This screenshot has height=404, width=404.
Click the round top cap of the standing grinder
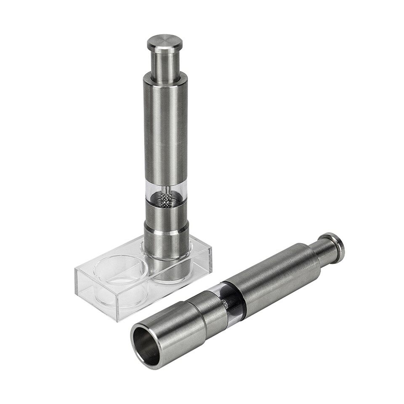point(165,42)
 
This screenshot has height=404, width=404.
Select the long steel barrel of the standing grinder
point(165,126)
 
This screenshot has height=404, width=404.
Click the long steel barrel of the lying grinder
point(274,274)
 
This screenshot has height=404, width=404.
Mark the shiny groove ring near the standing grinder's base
point(167,231)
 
